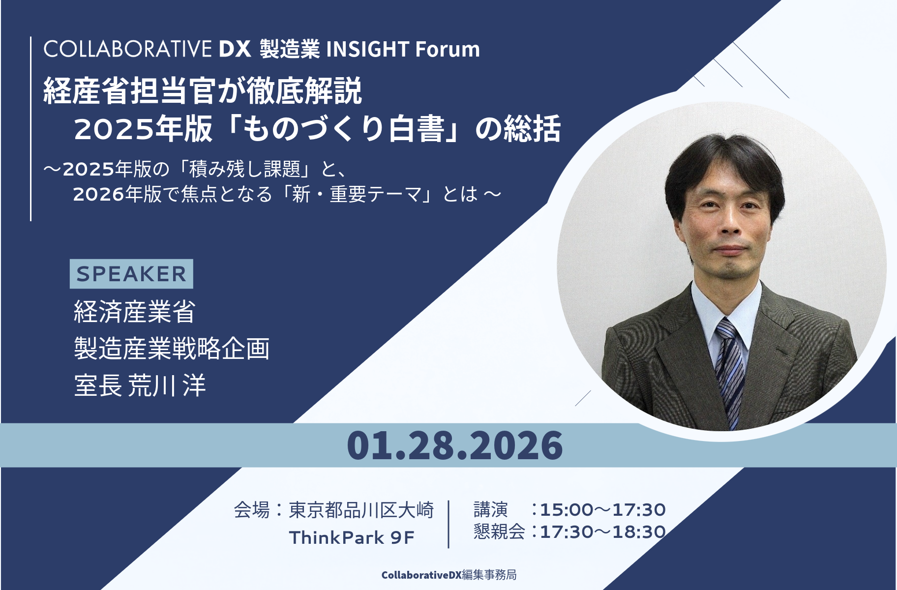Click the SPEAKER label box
(131, 274)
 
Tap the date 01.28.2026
(454, 445)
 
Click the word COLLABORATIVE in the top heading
(127, 49)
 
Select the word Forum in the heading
(447, 49)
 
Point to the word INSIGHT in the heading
(367, 49)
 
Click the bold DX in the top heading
(235, 49)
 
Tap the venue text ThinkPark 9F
(352, 537)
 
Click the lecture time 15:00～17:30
(603, 510)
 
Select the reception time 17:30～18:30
(603, 532)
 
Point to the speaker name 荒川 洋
(167, 385)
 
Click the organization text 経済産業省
(135, 312)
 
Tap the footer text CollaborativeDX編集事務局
(448, 575)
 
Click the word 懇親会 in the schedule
(499, 532)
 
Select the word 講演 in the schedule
(490, 510)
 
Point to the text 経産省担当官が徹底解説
(203, 91)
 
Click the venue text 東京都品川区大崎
(361, 510)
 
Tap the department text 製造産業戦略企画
(172, 349)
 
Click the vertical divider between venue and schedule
(448, 524)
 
